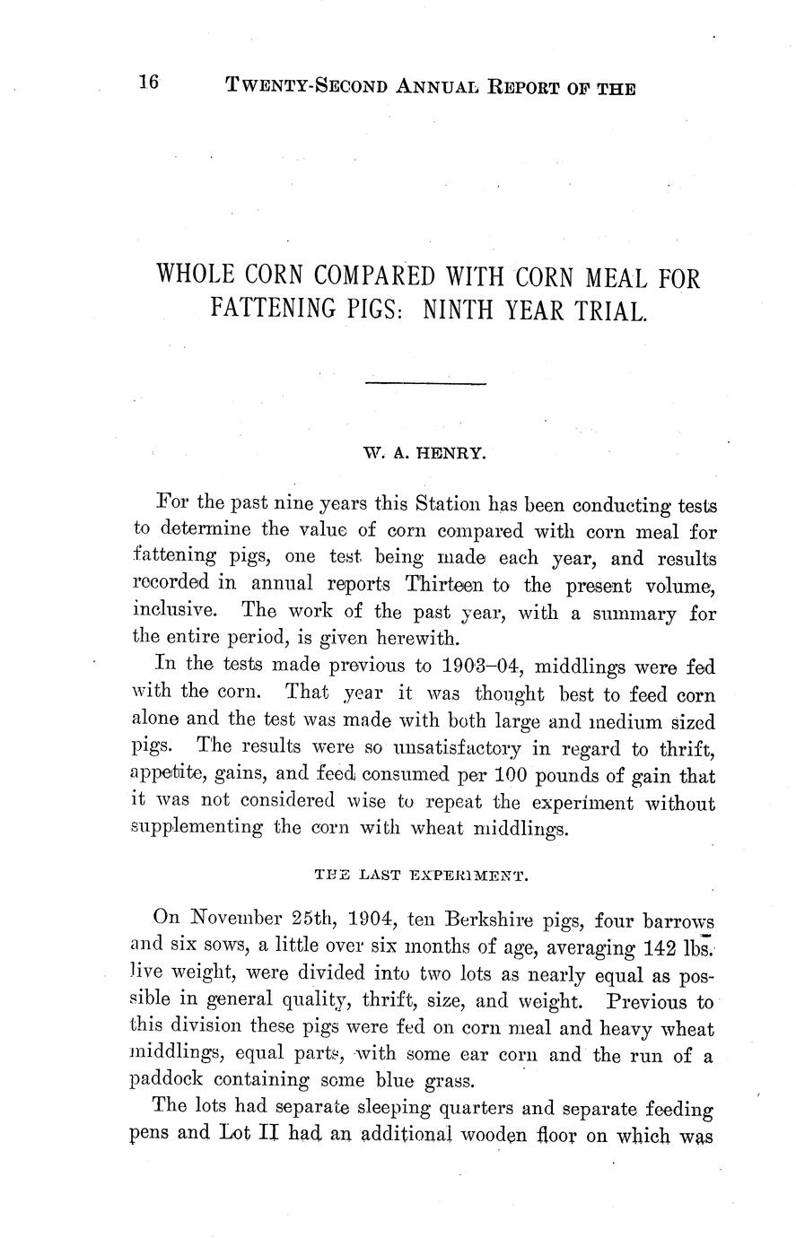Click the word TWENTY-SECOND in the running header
click(303, 87)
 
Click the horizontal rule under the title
click(425, 384)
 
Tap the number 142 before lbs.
click(668, 948)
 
